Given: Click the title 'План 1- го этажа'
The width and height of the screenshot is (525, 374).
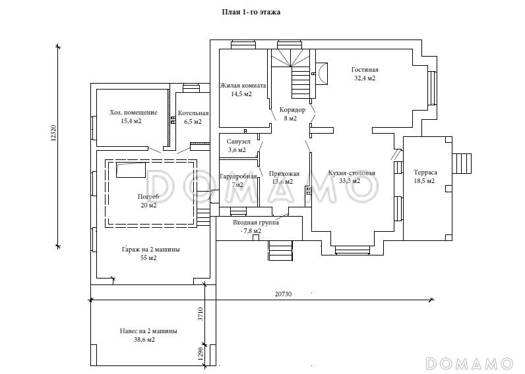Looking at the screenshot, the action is [251, 13].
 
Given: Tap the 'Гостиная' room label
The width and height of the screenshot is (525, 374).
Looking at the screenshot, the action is [365, 70].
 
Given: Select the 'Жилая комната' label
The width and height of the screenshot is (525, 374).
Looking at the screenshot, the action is [243, 86].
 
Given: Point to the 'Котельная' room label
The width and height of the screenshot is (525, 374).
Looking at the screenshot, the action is [193, 113].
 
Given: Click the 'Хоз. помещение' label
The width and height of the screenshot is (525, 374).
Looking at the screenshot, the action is [133, 113].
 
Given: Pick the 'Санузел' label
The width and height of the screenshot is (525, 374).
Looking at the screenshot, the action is [238, 142].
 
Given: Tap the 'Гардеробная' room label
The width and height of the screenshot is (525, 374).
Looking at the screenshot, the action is [238, 176].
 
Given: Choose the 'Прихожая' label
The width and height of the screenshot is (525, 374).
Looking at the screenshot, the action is [284, 174].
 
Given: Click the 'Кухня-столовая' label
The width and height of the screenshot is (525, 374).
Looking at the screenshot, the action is [352, 173].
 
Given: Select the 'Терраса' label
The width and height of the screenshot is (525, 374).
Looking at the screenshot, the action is [425, 173].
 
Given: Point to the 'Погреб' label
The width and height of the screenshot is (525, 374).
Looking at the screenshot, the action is [148, 197].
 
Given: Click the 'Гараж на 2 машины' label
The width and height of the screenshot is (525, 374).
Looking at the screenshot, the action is [150, 250].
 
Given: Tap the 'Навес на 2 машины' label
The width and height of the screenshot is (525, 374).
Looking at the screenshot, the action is [148, 331].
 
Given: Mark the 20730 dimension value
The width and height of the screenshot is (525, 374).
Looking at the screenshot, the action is [283, 294].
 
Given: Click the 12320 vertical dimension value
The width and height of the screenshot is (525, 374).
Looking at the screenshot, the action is [54, 134].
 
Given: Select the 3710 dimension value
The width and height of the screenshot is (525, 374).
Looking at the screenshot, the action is [201, 314].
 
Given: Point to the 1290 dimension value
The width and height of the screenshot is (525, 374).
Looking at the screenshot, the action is [201, 354].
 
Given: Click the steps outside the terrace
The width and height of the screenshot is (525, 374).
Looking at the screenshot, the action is [462, 163].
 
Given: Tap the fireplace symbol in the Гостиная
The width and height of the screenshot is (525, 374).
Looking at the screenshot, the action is [322, 74].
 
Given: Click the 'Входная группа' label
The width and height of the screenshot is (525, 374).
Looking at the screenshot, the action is [256, 223].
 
